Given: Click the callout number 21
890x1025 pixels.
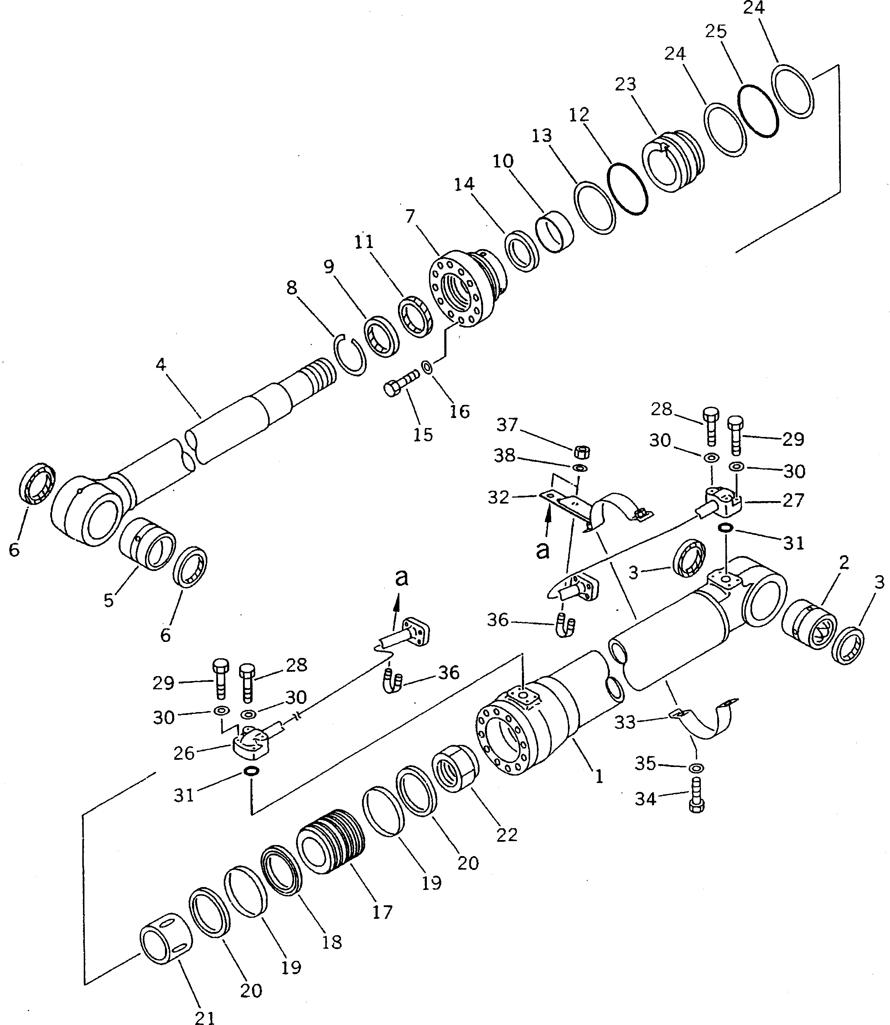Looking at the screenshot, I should coord(205,1016).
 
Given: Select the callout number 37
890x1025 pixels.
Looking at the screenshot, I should coord(507,425).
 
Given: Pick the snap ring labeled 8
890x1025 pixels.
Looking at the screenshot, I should coord(350,354).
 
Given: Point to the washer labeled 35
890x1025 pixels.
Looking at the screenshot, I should coord(697,768).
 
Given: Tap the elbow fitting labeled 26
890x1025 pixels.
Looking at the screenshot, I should coord(251,749).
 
